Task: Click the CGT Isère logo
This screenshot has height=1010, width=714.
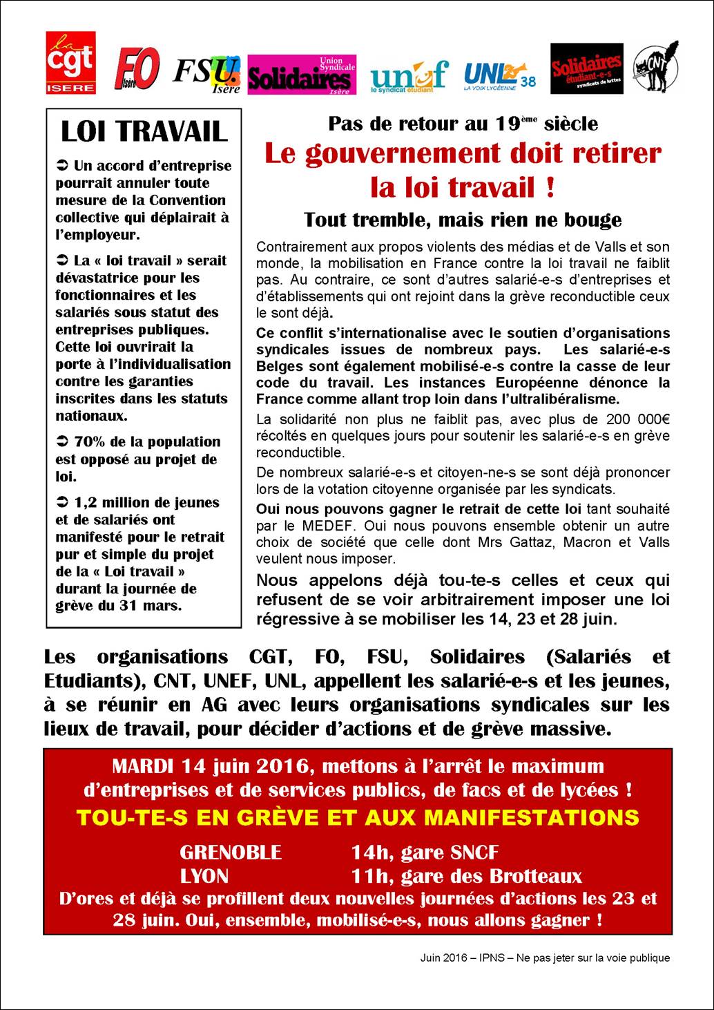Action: click(70, 62)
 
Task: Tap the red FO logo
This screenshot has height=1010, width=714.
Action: click(137, 69)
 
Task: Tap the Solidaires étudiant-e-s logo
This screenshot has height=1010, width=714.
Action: click(586, 69)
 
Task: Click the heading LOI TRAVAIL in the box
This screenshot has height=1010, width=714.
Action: click(144, 131)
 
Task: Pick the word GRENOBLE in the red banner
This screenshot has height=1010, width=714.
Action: click(231, 852)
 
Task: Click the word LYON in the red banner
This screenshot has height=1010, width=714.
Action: click(204, 876)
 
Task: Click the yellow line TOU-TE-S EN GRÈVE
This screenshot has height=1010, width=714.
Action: click(358, 818)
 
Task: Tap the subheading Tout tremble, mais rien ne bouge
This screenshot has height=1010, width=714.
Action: click(463, 220)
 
